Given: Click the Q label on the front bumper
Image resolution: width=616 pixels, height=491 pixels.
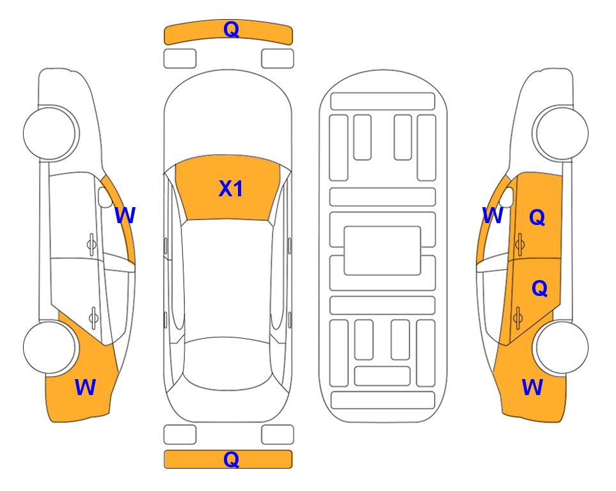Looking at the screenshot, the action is coord(231,29).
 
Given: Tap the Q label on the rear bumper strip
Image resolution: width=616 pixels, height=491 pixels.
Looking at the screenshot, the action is coord(231,459).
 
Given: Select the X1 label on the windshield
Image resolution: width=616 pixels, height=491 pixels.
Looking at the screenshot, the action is coord(231,189).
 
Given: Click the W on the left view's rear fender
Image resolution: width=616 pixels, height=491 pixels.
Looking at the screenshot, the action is coord(85,387).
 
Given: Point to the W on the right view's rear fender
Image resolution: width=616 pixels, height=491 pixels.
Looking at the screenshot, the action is coord(532,387).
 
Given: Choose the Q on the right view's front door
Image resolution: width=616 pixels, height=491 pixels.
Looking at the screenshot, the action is coord(537,217).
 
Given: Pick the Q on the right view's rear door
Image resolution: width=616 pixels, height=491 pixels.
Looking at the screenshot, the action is coord(539,289).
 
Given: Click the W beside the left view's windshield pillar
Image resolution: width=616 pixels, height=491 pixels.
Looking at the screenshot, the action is coord(125,215).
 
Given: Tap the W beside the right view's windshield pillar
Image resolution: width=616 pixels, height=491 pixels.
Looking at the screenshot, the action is coord(493,215).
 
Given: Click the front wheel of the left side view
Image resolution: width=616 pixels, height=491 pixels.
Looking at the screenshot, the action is coord(50,133).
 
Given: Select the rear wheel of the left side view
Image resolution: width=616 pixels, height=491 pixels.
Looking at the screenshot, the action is coord(50,348).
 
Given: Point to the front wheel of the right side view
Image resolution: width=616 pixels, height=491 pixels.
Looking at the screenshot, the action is coord(562,133).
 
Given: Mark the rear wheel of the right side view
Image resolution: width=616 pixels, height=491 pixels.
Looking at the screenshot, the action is coord(562,348).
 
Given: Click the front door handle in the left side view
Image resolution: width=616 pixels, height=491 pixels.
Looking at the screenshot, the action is coord(91,244).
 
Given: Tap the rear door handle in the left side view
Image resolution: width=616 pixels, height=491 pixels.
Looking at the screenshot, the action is coord(93,317).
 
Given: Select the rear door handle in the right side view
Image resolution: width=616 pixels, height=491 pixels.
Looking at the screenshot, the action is coord(517,317).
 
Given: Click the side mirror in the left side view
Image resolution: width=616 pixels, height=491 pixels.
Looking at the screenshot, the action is coord(105,197).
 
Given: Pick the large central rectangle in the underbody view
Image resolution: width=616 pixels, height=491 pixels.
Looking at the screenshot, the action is coord(383,251).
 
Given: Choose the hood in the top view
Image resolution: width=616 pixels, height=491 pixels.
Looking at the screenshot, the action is coord(228,114).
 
